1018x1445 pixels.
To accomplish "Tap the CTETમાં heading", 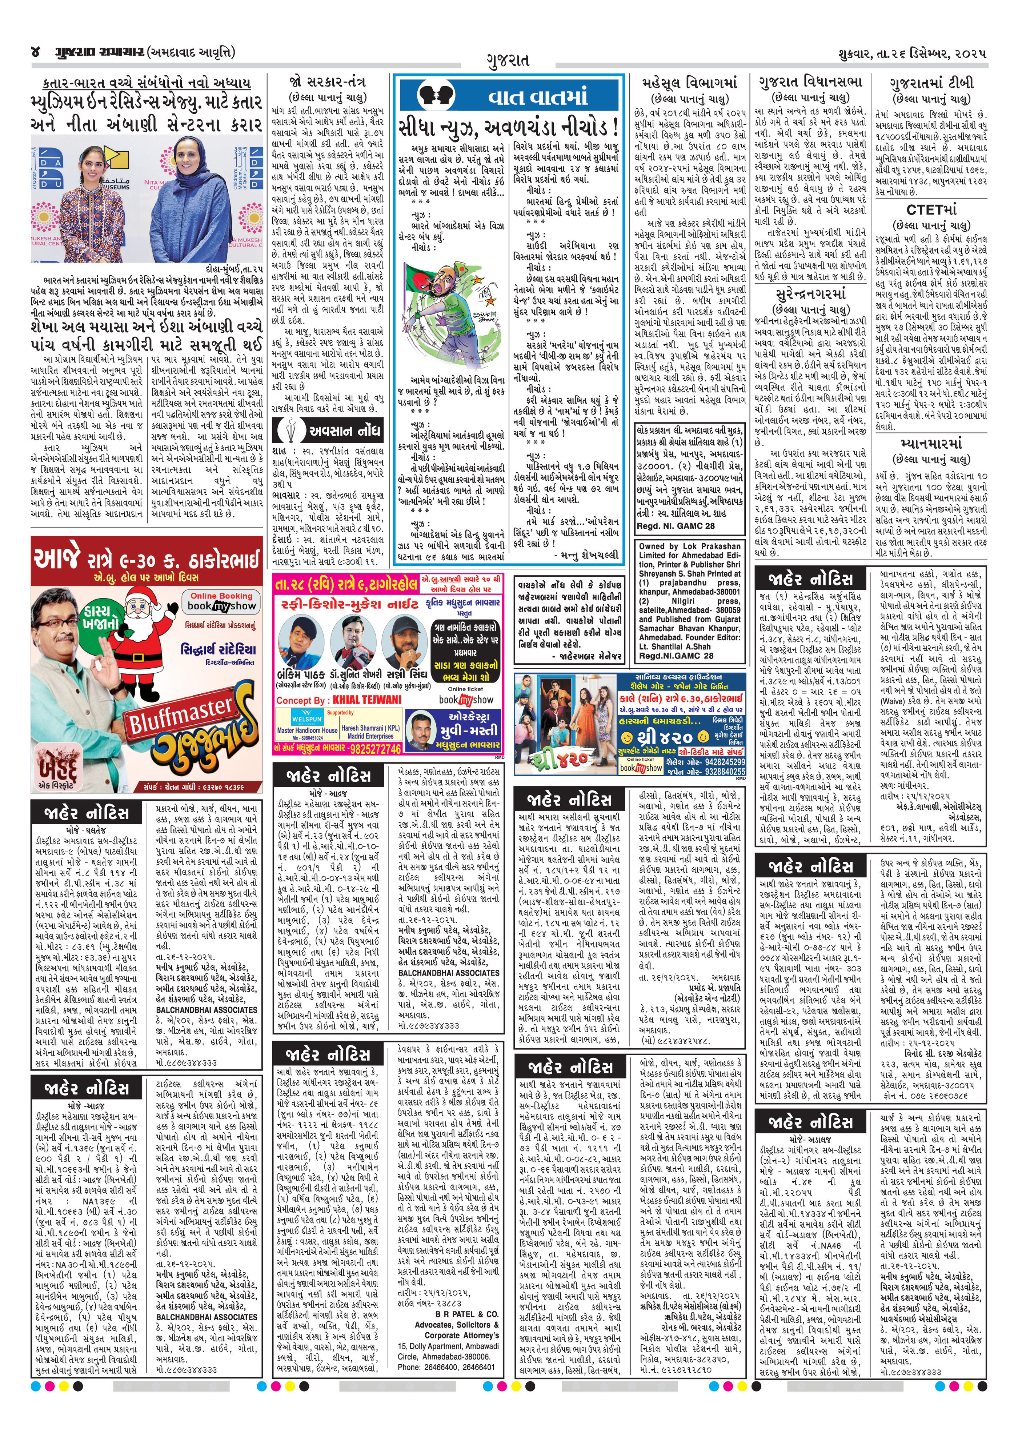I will coord(931,209).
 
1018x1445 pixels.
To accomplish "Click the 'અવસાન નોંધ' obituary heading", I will coord(343,431).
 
